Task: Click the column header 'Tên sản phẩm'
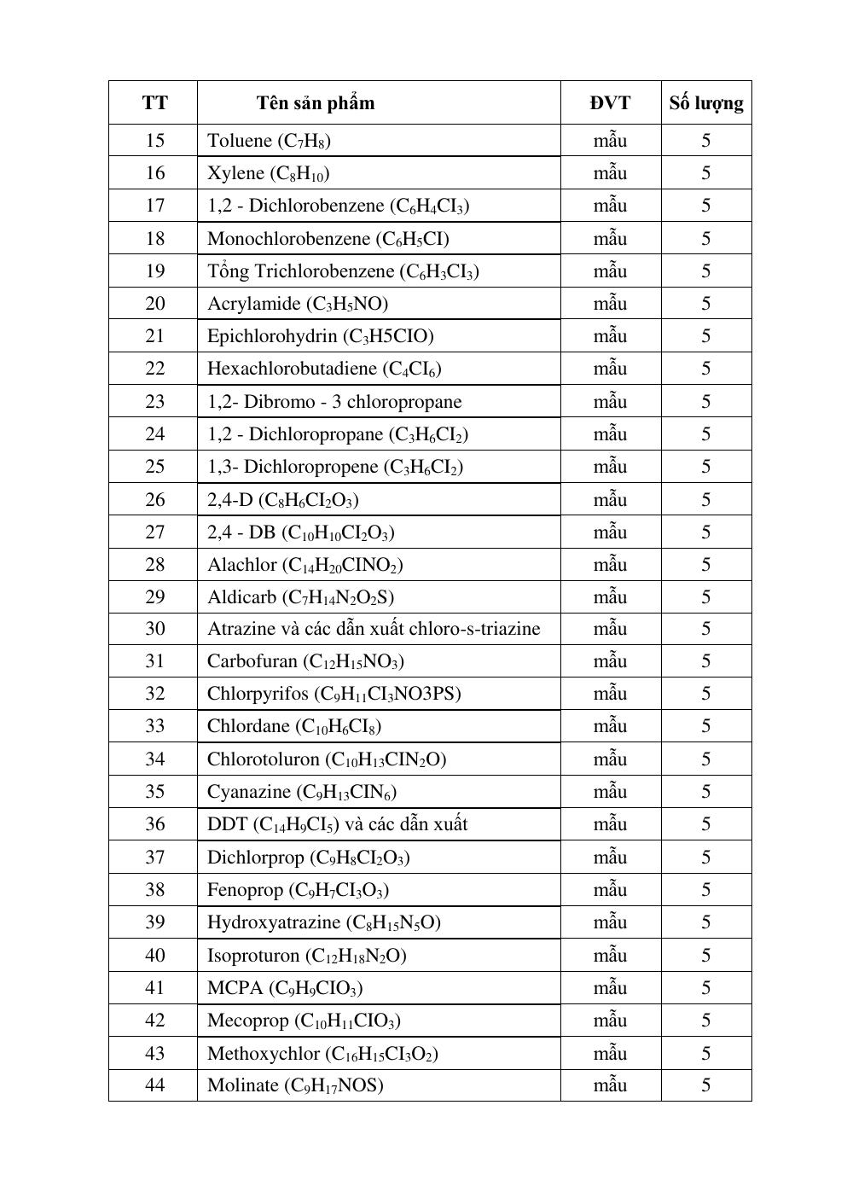pyautogui.click(x=315, y=103)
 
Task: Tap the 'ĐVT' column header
pyautogui.click(x=610, y=103)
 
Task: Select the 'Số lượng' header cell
pyautogui.click(x=705, y=103)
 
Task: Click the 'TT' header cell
pyautogui.click(x=154, y=103)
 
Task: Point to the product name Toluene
pyautogui.click(x=239, y=141)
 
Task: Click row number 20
pyautogui.click(x=154, y=304)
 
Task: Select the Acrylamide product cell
pyautogui.click(x=298, y=304)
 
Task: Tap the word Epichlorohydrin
pyautogui.click(x=272, y=336)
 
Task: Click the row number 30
pyautogui.click(x=154, y=629)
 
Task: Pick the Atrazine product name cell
pyautogui.click(x=374, y=629)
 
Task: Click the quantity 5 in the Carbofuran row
pyautogui.click(x=705, y=661)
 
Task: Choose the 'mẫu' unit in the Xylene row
pyautogui.click(x=610, y=173)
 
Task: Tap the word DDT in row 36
pyautogui.click(x=227, y=824)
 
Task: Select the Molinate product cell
pyautogui.click(x=295, y=1085)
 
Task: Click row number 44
pyautogui.click(x=154, y=1085)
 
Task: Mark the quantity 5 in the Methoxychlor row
pyautogui.click(x=705, y=1053)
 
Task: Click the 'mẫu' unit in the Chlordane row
pyautogui.click(x=610, y=726)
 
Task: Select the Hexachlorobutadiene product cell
pyautogui.click(x=324, y=369)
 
